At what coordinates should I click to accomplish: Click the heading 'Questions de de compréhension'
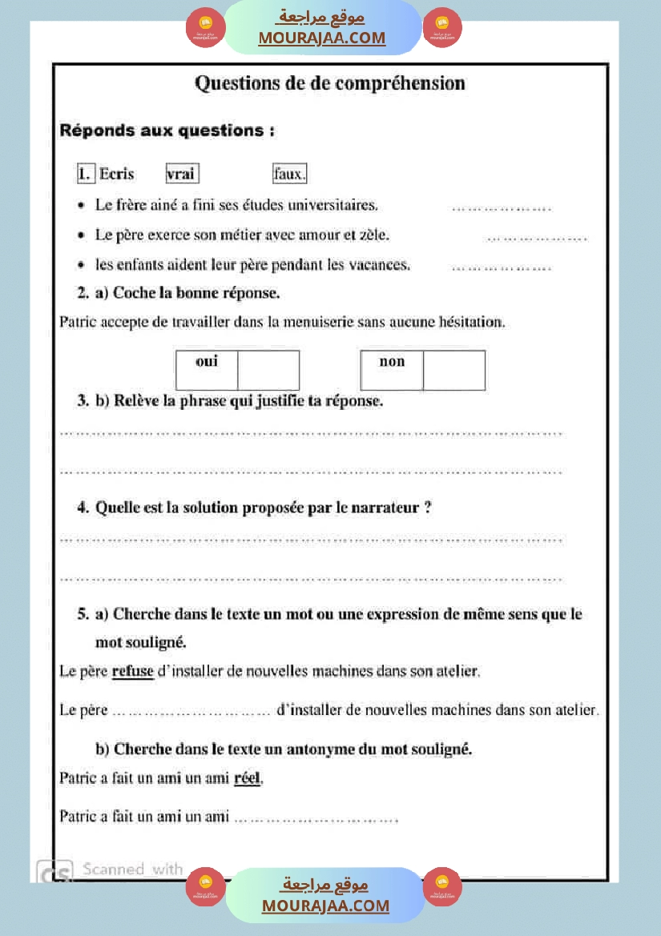tap(330, 83)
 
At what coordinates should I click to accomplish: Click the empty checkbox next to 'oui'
tap(268, 370)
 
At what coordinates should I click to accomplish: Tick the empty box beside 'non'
tap(453, 370)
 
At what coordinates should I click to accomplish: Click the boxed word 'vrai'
tap(182, 174)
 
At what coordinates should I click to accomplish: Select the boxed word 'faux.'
tap(289, 174)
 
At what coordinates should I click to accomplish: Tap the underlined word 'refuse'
tap(133, 671)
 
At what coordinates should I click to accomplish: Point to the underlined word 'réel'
tap(248, 777)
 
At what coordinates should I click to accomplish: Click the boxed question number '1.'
tap(85, 174)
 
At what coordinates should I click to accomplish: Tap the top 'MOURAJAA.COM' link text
tap(321, 38)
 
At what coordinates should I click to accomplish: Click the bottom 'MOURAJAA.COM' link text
tap(325, 906)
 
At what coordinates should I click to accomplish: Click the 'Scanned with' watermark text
tap(132, 869)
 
